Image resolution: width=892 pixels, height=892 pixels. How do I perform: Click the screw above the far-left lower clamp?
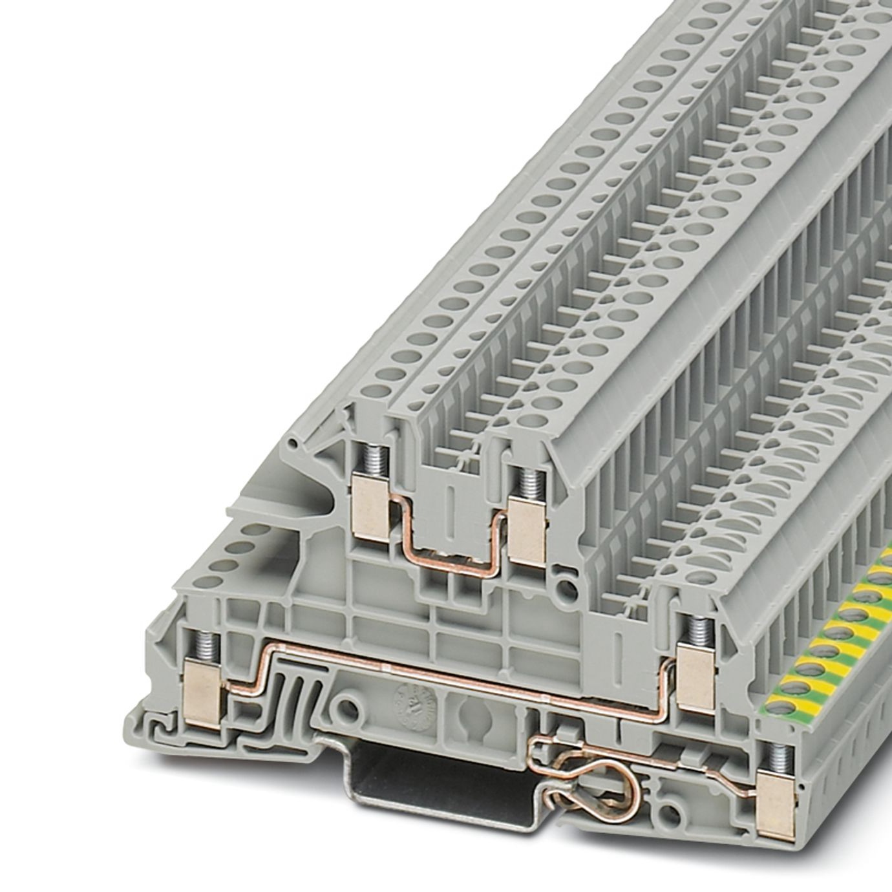point(207,644)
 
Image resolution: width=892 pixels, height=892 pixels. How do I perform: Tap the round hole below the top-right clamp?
point(567,588)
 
